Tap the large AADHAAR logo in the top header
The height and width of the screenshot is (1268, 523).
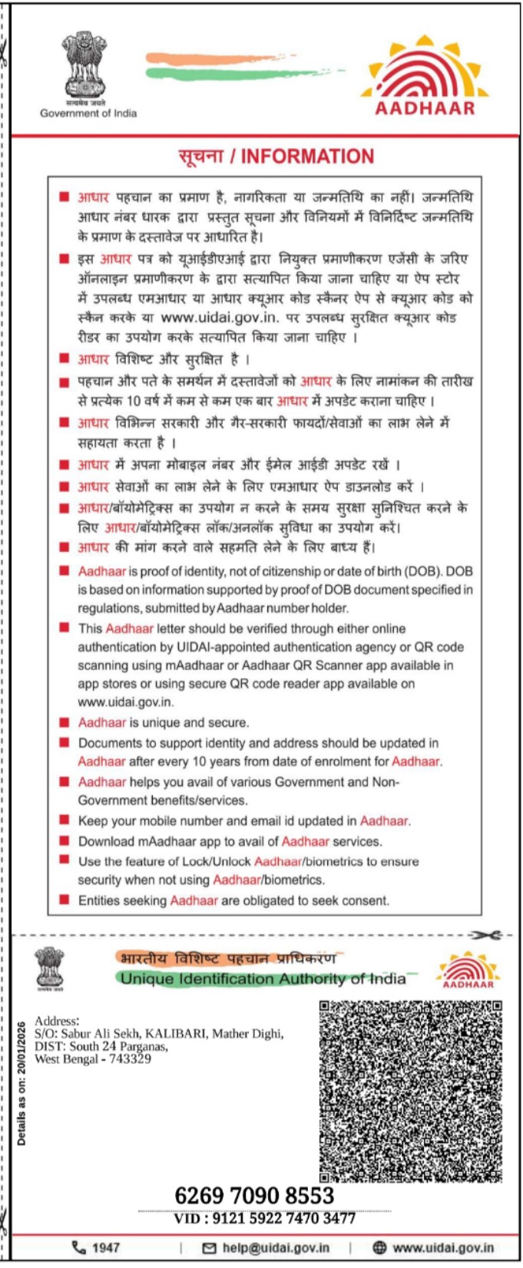coord(425,77)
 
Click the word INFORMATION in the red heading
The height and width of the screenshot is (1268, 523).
coord(307,157)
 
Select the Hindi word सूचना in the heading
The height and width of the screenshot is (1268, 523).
coord(200,157)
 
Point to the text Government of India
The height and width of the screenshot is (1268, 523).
coord(88,114)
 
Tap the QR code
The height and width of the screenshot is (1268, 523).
coord(411,1090)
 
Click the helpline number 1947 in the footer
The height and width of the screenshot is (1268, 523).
coord(105,1247)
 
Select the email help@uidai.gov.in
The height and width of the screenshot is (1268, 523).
coord(276,1247)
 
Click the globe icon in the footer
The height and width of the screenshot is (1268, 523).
coord(379,1247)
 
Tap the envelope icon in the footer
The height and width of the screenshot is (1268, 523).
coord(209,1248)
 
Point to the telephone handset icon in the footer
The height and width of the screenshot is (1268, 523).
coord(78,1247)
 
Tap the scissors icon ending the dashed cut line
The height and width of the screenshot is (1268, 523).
coord(487,935)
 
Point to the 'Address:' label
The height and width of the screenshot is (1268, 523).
coord(56,1021)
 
